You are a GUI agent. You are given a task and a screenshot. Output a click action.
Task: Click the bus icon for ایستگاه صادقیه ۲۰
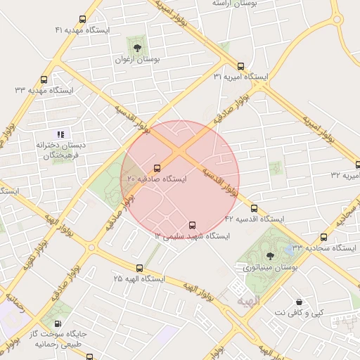156,168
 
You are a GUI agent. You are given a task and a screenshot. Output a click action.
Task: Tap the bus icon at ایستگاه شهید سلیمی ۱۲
193,225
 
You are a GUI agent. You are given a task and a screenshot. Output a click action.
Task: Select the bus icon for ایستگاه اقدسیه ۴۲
254,209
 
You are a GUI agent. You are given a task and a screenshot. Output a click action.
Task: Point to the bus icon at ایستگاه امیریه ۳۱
241,65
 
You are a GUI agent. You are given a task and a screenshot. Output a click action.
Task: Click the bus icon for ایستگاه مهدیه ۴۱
83,20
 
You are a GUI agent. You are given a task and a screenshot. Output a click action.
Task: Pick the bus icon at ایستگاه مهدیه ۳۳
44,79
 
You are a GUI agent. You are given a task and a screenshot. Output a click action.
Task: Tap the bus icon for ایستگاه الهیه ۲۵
140,268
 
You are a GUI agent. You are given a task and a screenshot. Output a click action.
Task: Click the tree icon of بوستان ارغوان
137,49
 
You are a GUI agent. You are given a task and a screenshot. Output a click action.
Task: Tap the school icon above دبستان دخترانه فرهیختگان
60,134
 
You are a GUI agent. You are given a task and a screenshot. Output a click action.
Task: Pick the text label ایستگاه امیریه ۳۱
241,76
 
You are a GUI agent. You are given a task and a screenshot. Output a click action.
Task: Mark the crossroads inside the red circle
181,150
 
